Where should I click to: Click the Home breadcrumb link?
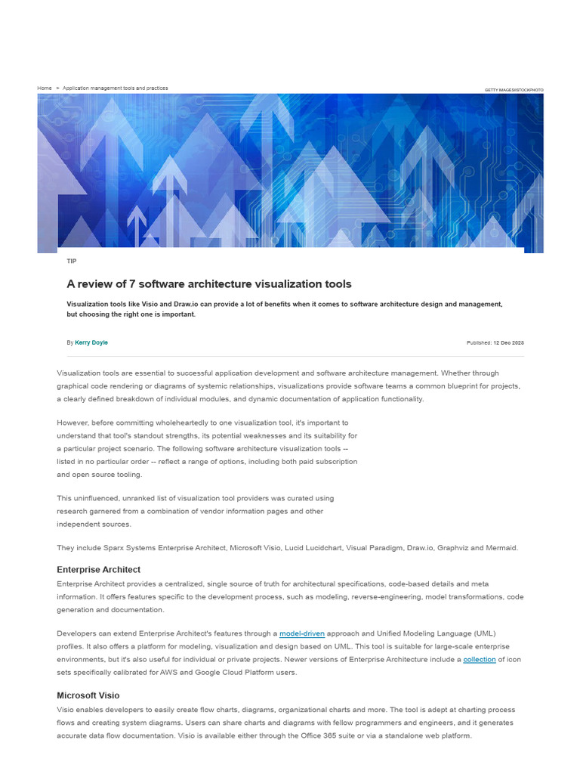(x=45, y=88)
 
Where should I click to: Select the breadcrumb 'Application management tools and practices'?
(x=115, y=88)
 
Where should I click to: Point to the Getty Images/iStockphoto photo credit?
(x=514, y=90)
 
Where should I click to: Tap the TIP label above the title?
(x=72, y=261)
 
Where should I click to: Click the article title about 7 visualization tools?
(x=208, y=284)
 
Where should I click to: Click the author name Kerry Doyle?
(x=91, y=342)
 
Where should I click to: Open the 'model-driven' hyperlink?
(x=302, y=633)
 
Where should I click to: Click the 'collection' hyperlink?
(x=480, y=659)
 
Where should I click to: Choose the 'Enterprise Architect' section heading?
(x=98, y=569)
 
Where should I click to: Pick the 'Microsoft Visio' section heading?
(x=88, y=695)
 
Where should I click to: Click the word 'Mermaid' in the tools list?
(x=501, y=548)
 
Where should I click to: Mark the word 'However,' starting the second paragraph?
(x=72, y=423)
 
